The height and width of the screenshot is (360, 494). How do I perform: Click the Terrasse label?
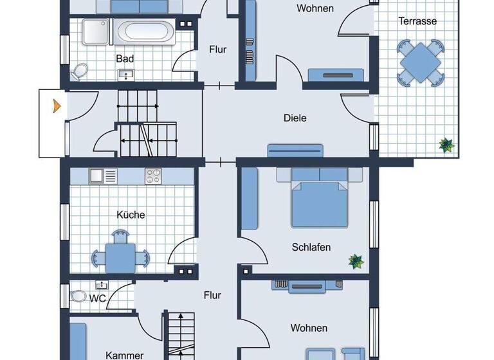[x=417, y=21]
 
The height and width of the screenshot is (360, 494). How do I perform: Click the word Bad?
[x=125, y=59]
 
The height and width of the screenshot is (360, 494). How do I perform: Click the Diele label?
[x=295, y=118]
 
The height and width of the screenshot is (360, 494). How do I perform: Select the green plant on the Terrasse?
[x=446, y=145]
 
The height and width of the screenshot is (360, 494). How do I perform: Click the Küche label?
[x=131, y=215]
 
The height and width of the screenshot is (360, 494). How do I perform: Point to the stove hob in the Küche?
[x=153, y=175]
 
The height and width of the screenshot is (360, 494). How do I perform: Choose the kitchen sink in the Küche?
[x=103, y=175]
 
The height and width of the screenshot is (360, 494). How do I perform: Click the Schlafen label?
[x=311, y=247]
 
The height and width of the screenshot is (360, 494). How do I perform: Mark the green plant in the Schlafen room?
[x=356, y=261]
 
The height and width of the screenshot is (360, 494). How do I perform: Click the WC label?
[x=98, y=298]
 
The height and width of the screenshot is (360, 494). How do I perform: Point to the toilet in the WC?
[x=78, y=296]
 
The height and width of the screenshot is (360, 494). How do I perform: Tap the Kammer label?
[x=124, y=355]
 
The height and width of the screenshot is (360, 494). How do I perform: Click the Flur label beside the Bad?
[x=218, y=50]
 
